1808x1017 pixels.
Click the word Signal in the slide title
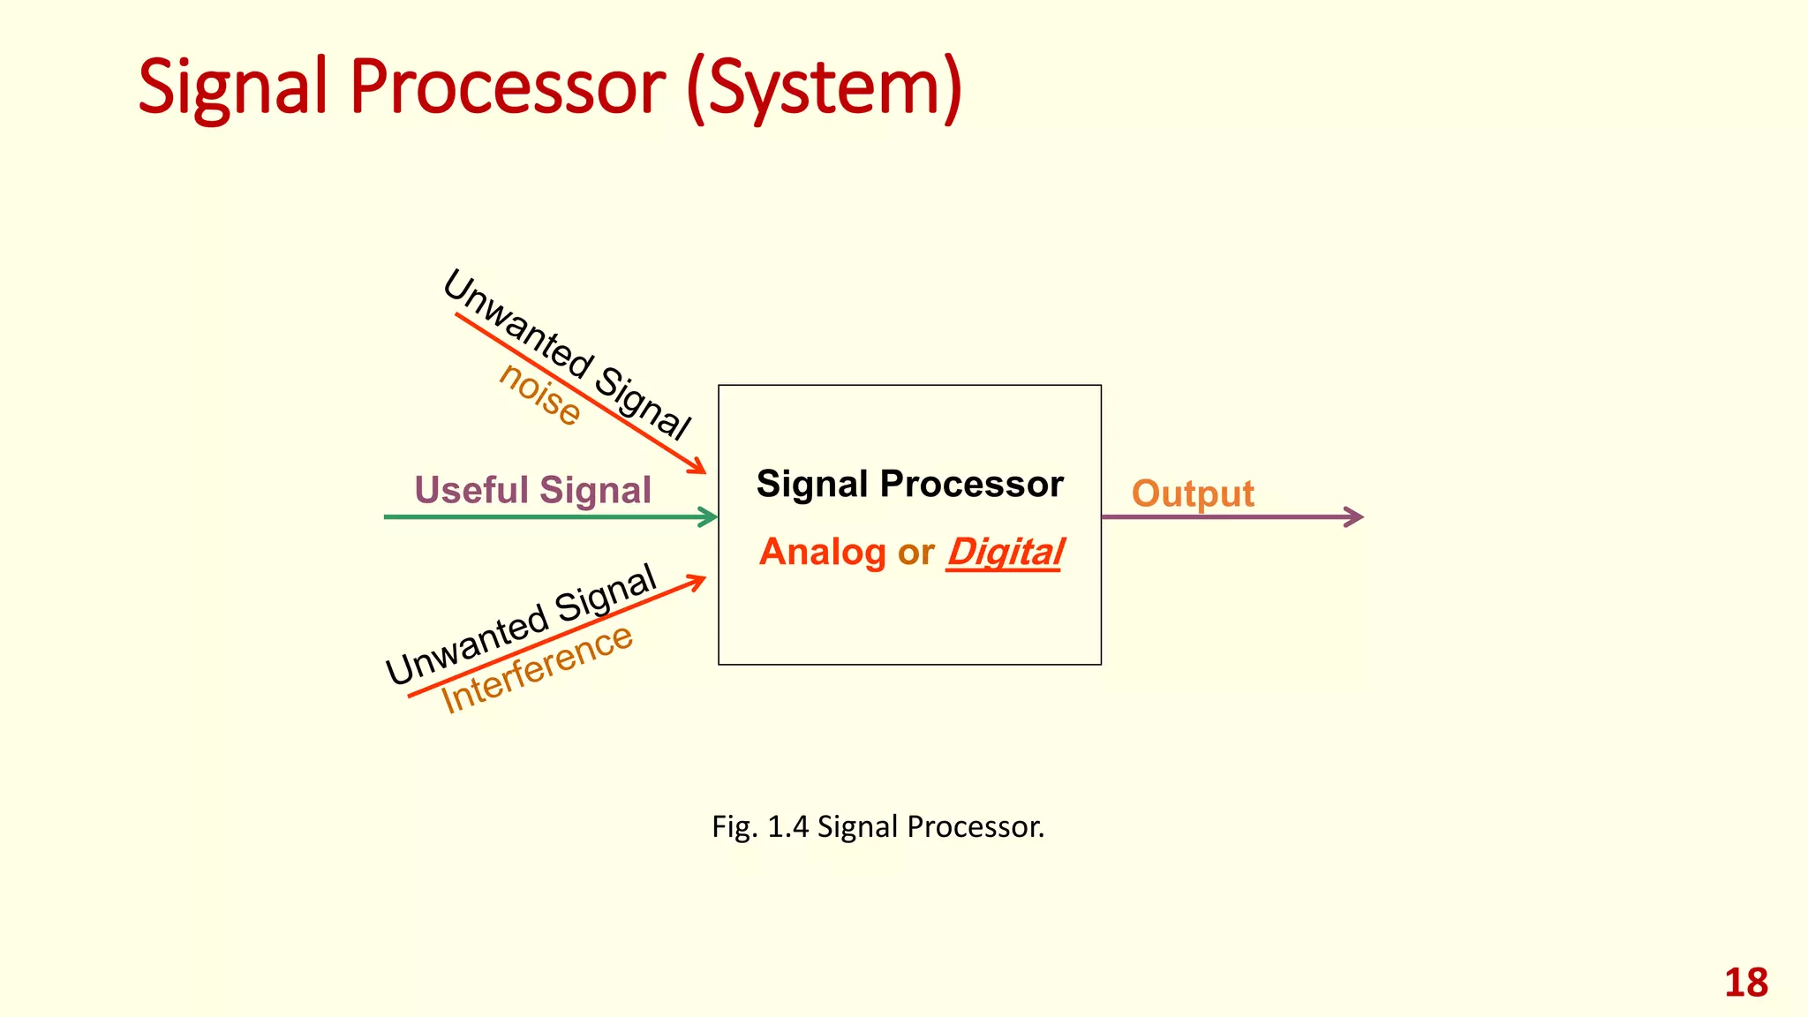point(234,87)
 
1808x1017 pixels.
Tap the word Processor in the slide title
point(508,87)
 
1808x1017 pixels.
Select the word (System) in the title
point(823,87)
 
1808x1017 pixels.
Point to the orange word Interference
point(537,668)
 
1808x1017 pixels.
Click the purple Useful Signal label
point(532,490)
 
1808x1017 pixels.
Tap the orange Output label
point(1193,493)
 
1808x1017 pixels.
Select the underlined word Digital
point(1005,553)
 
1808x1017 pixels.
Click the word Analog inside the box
point(822,553)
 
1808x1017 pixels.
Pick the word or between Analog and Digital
point(915,553)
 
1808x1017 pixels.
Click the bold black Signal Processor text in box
point(909,484)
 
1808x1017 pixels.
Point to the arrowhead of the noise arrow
point(697,467)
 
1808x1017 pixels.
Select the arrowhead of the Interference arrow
point(697,580)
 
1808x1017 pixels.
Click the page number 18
point(1745,983)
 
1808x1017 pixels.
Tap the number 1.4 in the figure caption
point(787,827)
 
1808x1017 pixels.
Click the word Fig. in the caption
point(734,827)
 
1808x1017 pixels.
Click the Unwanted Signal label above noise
point(566,354)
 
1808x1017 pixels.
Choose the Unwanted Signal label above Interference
point(522,624)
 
